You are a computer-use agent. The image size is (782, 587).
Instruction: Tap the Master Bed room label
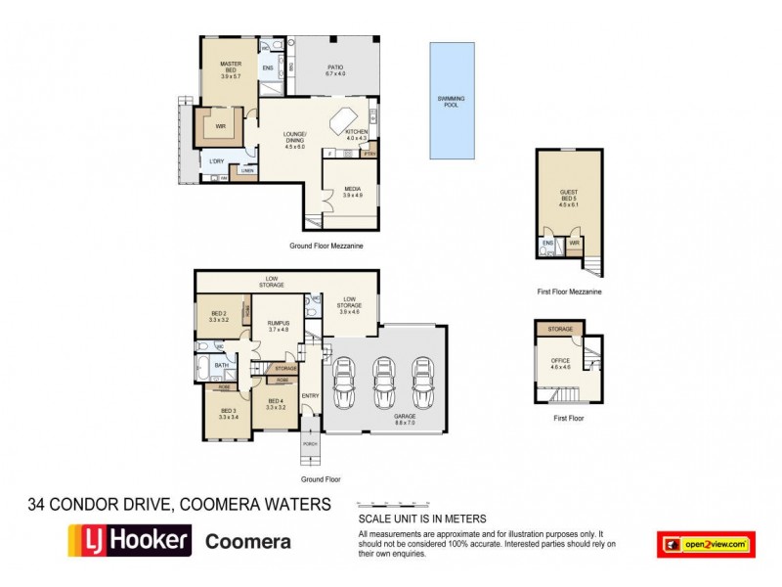[x=231, y=67]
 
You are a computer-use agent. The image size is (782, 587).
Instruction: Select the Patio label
[x=335, y=70]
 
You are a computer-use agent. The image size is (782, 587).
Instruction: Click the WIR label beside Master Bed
[x=221, y=126]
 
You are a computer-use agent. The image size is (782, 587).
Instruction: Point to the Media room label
[x=352, y=192]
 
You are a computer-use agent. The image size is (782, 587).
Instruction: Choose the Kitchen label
[x=355, y=135]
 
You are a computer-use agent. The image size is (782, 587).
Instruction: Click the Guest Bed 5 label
[x=568, y=198]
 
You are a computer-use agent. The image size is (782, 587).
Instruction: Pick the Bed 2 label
[x=218, y=315]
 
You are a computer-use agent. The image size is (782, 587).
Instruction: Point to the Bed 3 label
[x=228, y=413]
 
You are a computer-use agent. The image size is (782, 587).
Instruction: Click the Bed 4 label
[x=275, y=402]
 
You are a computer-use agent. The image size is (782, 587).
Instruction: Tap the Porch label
[x=310, y=443]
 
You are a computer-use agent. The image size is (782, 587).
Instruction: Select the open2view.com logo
[x=706, y=544]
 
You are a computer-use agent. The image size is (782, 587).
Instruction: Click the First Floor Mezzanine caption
[x=568, y=292]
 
